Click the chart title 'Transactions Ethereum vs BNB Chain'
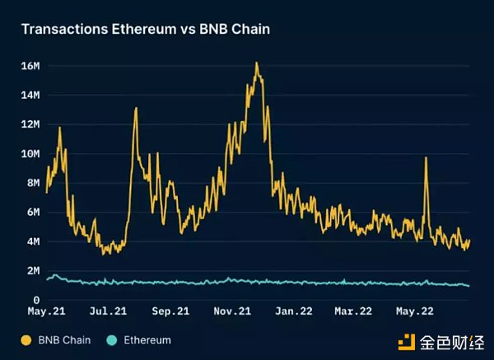coord(145,29)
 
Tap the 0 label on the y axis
coord(37,300)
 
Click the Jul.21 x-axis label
coord(108,312)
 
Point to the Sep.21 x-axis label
coord(170,312)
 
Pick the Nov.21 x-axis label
coord(232,312)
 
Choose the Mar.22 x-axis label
coord(354,312)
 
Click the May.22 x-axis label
coord(416,312)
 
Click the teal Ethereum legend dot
coord(111,339)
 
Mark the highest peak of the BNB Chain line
coord(257,63)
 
